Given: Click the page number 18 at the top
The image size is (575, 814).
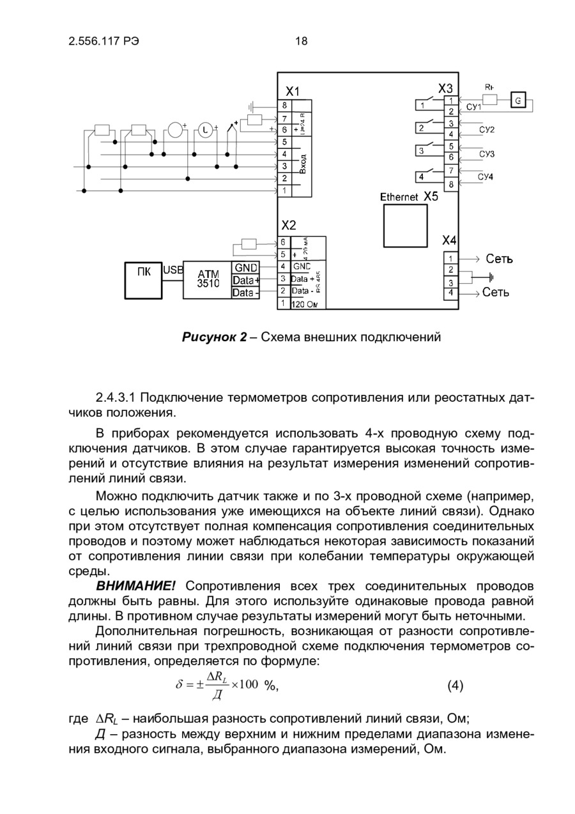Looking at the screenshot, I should click(x=302, y=42).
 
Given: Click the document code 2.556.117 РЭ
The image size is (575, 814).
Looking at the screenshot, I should click(x=103, y=42).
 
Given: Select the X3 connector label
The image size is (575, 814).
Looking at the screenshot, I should click(x=446, y=88).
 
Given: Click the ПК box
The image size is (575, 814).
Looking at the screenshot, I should click(x=144, y=279).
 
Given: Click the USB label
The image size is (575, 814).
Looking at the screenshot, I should click(x=173, y=270).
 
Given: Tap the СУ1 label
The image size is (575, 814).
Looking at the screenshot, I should click(x=474, y=107).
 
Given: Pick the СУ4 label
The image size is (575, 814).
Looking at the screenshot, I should click(x=487, y=178).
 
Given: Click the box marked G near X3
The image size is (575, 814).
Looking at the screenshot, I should click(x=518, y=100).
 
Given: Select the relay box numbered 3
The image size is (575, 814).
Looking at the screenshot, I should click(x=422, y=151).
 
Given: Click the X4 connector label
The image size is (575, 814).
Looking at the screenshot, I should click(x=449, y=241).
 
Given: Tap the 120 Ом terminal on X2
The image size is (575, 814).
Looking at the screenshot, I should click(x=308, y=305).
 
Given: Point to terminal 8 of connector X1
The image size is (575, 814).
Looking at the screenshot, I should click(x=283, y=105).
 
